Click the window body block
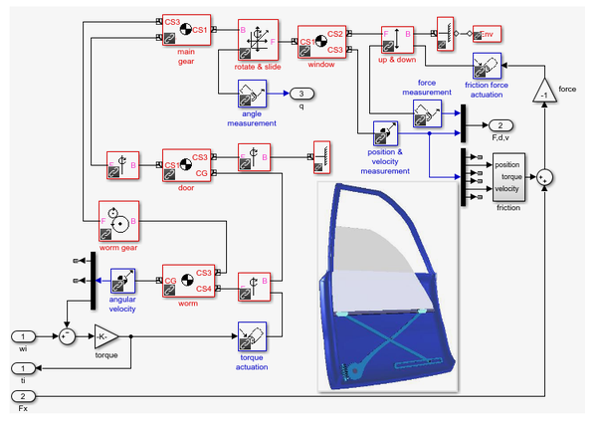pyautogui.click(x=321, y=41)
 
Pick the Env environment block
pyautogui.click(x=488, y=35)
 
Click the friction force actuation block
pyautogui.click(x=487, y=67)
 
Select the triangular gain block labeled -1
pyautogui.click(x=543, y=92)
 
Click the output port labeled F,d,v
pyautogui.click(x=499, y=124)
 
